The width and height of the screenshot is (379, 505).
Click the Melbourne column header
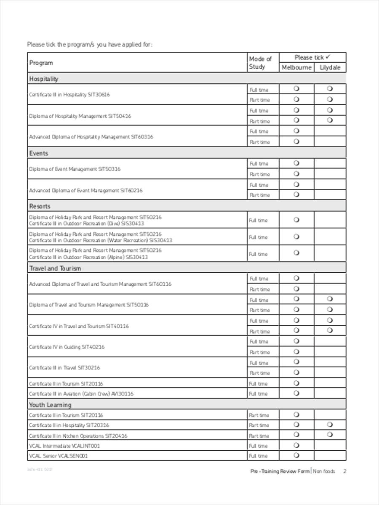click(x=296, y=67)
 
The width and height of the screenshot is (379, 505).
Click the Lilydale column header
click(x=330, y=67)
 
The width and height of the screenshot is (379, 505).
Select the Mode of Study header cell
click(x=260, y=63)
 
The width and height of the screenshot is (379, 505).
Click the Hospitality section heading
click(x=44, y=79)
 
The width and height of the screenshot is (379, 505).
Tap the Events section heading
click(x=39, y=153)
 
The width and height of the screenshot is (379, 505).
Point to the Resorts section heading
click(x=40, y=206)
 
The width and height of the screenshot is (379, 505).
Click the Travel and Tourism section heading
click(x=55, y=268)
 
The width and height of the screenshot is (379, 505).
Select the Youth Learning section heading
click(x=50, y=405)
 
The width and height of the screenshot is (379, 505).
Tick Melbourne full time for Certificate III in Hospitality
click(x=296, y=89)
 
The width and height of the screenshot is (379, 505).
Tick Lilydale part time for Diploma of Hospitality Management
click(x=330, y=120)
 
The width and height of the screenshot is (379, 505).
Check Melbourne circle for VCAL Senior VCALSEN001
click(x=296, y=455)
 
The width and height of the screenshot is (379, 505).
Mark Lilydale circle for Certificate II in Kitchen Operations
click(x=330, y=435)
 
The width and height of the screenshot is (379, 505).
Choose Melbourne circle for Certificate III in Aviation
click(x=296, y=393)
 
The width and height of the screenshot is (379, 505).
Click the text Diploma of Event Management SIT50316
click(x=75, y=169)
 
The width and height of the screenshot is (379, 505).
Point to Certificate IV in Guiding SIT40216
click(x=67, y=347)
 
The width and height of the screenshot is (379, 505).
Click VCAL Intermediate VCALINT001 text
click(x=64, y=446)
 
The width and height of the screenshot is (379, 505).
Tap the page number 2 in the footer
click(x=344, y=471)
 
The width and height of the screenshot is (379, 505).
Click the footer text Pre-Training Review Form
click(x=280, y=471)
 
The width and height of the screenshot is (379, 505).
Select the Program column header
click(x=41, y=63)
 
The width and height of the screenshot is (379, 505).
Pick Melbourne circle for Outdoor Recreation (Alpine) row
click(x=296, y=253)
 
